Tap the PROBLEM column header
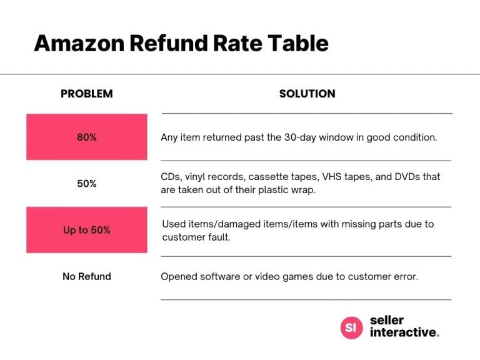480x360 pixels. [86, 94]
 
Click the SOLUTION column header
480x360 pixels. [307, 94]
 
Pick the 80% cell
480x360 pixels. [86, 137]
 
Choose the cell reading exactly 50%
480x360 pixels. [86, 184]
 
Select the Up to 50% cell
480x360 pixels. [86, 230]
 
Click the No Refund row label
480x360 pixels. [86, 276]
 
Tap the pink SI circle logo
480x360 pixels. [351, 327]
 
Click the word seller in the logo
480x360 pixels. [386, 320]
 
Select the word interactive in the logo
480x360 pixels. [402, 332]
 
